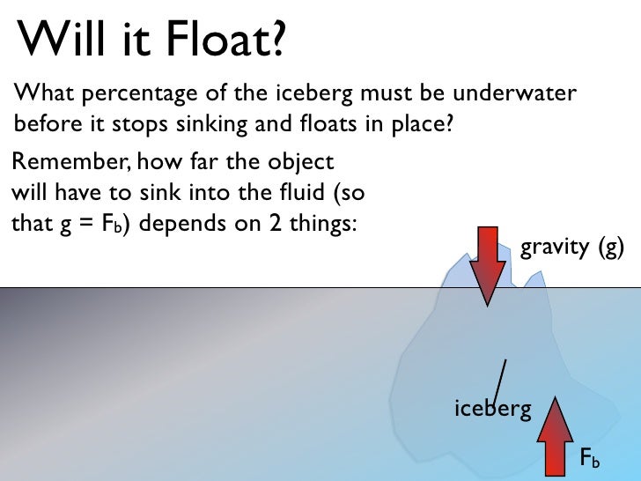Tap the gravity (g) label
click(x=572, y=248)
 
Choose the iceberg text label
click(x=493, y=409)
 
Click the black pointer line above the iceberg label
click(x=499, y=379)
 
